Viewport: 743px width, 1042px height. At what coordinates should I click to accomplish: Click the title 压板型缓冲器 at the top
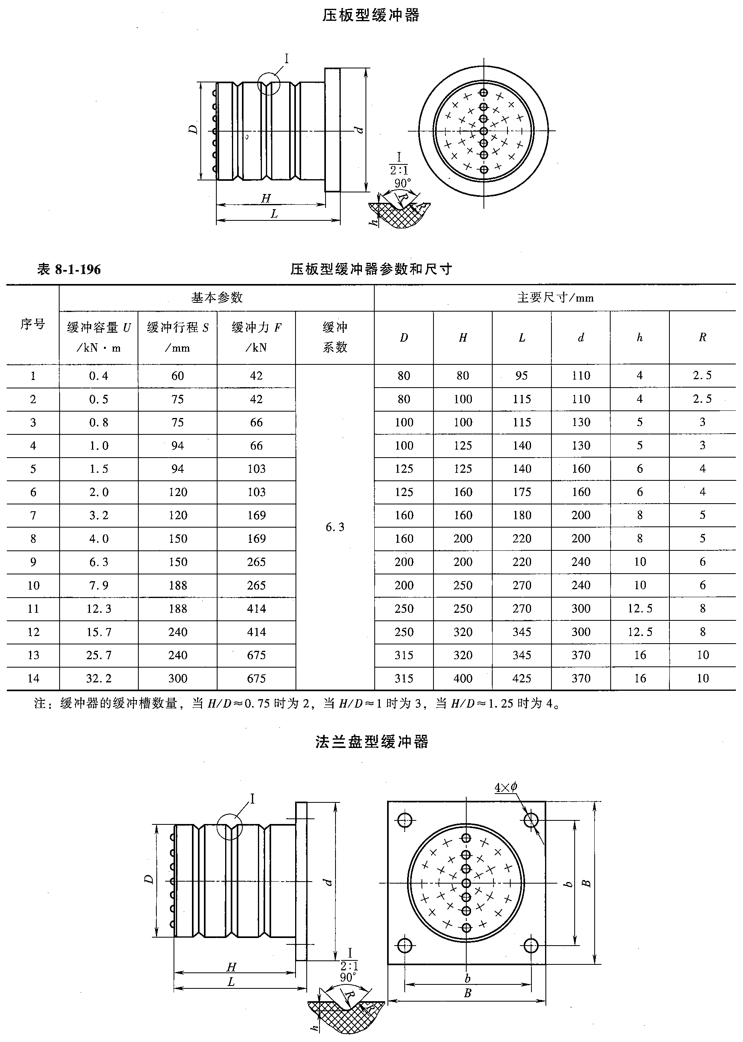371,16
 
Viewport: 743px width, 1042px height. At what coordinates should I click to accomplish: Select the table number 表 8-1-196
69,269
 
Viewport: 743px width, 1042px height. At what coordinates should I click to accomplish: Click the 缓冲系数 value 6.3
335,527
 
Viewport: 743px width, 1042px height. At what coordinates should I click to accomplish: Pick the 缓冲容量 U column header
99,337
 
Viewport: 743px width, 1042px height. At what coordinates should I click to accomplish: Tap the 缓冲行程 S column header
178,337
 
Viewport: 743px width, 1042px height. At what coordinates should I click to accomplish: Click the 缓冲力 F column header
256,337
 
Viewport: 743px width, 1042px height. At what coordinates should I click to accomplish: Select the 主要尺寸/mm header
555,298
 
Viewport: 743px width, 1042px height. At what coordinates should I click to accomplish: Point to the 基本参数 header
216,298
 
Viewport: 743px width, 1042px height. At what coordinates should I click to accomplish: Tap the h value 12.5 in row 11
639,609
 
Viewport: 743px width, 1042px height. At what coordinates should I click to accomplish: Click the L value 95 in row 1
521,376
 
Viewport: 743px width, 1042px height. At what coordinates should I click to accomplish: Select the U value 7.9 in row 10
99,585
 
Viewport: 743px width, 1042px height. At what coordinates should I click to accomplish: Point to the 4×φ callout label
505,788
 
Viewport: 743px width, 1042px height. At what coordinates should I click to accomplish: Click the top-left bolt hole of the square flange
405,820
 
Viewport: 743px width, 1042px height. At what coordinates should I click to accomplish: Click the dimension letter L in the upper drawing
274,214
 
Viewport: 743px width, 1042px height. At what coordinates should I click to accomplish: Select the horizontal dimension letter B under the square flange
467,993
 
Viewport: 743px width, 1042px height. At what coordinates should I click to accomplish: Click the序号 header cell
32,324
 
